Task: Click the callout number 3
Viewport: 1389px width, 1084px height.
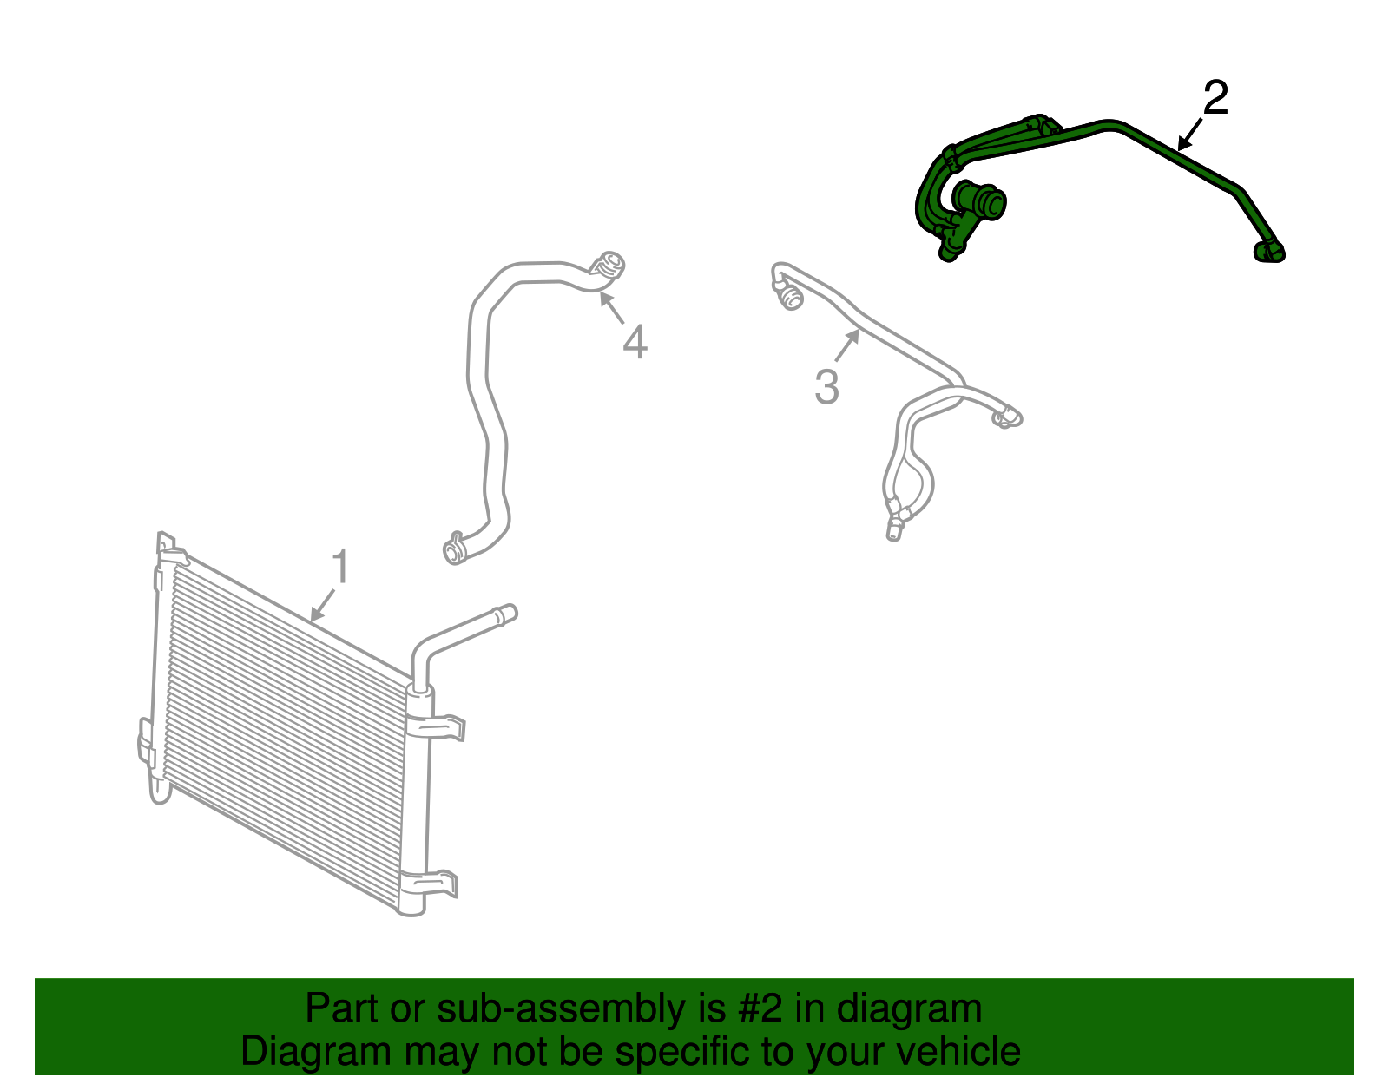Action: (826, 387)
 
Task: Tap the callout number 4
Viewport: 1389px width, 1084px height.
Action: (635, 342)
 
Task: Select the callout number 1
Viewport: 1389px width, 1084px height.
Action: (340, 567)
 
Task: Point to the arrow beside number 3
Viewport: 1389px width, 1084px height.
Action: (847, 346)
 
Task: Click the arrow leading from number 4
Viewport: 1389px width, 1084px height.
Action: (611, 308)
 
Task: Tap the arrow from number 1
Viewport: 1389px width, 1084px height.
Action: (323, 604)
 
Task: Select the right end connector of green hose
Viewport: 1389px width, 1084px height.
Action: (1270, 251)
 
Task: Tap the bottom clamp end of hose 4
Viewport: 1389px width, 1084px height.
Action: (454, 549)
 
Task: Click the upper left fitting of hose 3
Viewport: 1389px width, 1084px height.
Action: (790, 298)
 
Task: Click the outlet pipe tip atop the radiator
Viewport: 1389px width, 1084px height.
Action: (505, 614)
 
